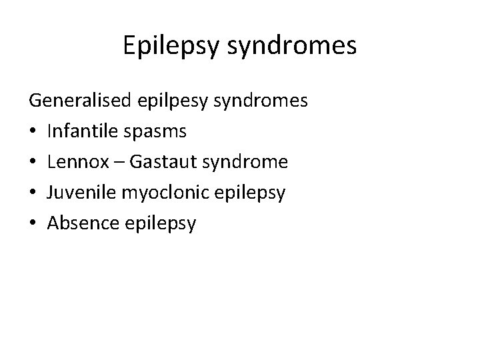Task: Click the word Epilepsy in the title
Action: pos(168,45)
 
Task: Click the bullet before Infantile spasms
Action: pos(33,132)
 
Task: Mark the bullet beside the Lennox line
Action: pos(33,163)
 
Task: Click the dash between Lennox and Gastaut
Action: pos(113,163)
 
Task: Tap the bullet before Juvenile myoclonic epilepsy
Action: pos(33,193)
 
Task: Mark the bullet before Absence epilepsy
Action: pos(33,224)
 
